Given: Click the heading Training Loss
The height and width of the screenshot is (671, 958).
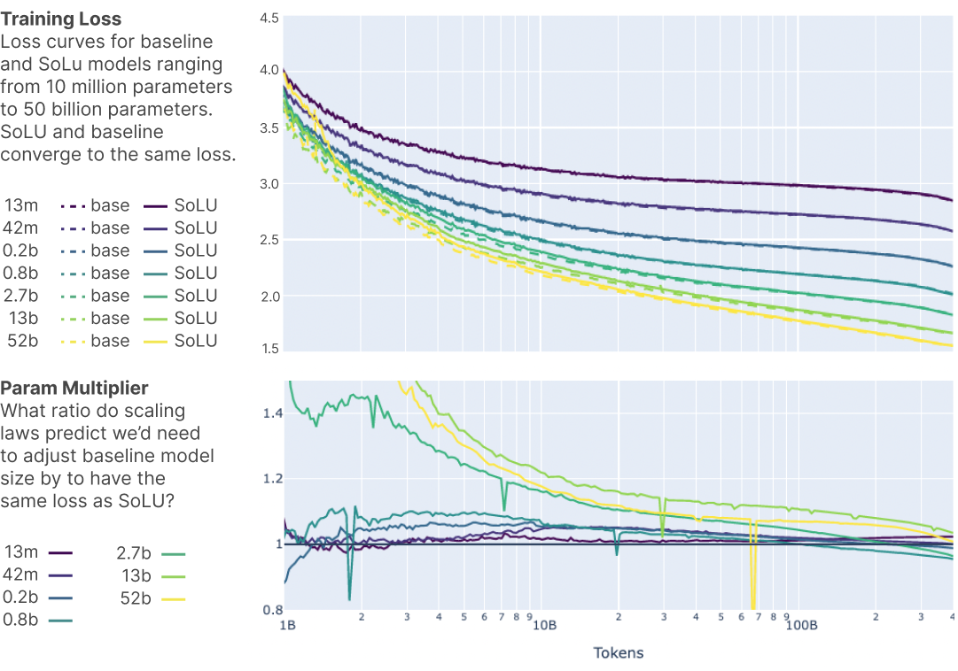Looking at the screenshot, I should pos(61,19).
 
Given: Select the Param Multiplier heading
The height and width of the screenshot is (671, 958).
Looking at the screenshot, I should pos(74,388).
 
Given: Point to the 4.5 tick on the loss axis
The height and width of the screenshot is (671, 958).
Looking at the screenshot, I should pos(269,18).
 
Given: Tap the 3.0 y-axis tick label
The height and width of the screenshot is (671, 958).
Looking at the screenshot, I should pos(269,183).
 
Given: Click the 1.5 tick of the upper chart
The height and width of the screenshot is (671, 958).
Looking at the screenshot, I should pos(269,348).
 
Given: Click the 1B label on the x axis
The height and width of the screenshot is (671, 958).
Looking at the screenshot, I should pos(287,625).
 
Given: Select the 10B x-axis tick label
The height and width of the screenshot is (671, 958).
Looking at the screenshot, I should pos(543,625).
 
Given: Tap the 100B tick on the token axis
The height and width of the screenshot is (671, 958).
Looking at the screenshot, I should pos(800,625).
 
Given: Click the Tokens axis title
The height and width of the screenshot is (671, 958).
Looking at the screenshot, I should pos(618,653).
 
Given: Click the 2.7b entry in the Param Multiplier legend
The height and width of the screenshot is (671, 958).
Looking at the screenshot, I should pos(134,553).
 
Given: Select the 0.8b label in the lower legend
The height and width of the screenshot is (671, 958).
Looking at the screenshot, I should pos(21,620).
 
